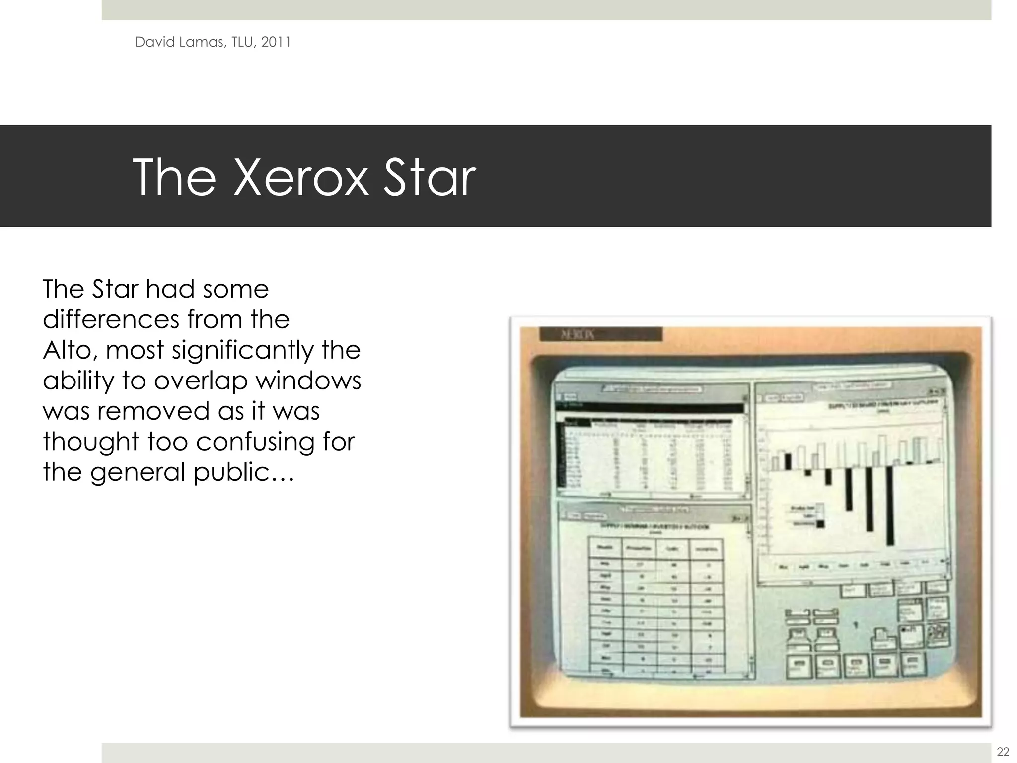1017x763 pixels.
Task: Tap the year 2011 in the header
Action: tap(276, 42)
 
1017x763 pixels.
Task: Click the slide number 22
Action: tap(1003, 751)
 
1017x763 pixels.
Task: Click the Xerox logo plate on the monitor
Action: tap(600, 334)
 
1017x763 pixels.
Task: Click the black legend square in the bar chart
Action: tap(819, 523)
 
